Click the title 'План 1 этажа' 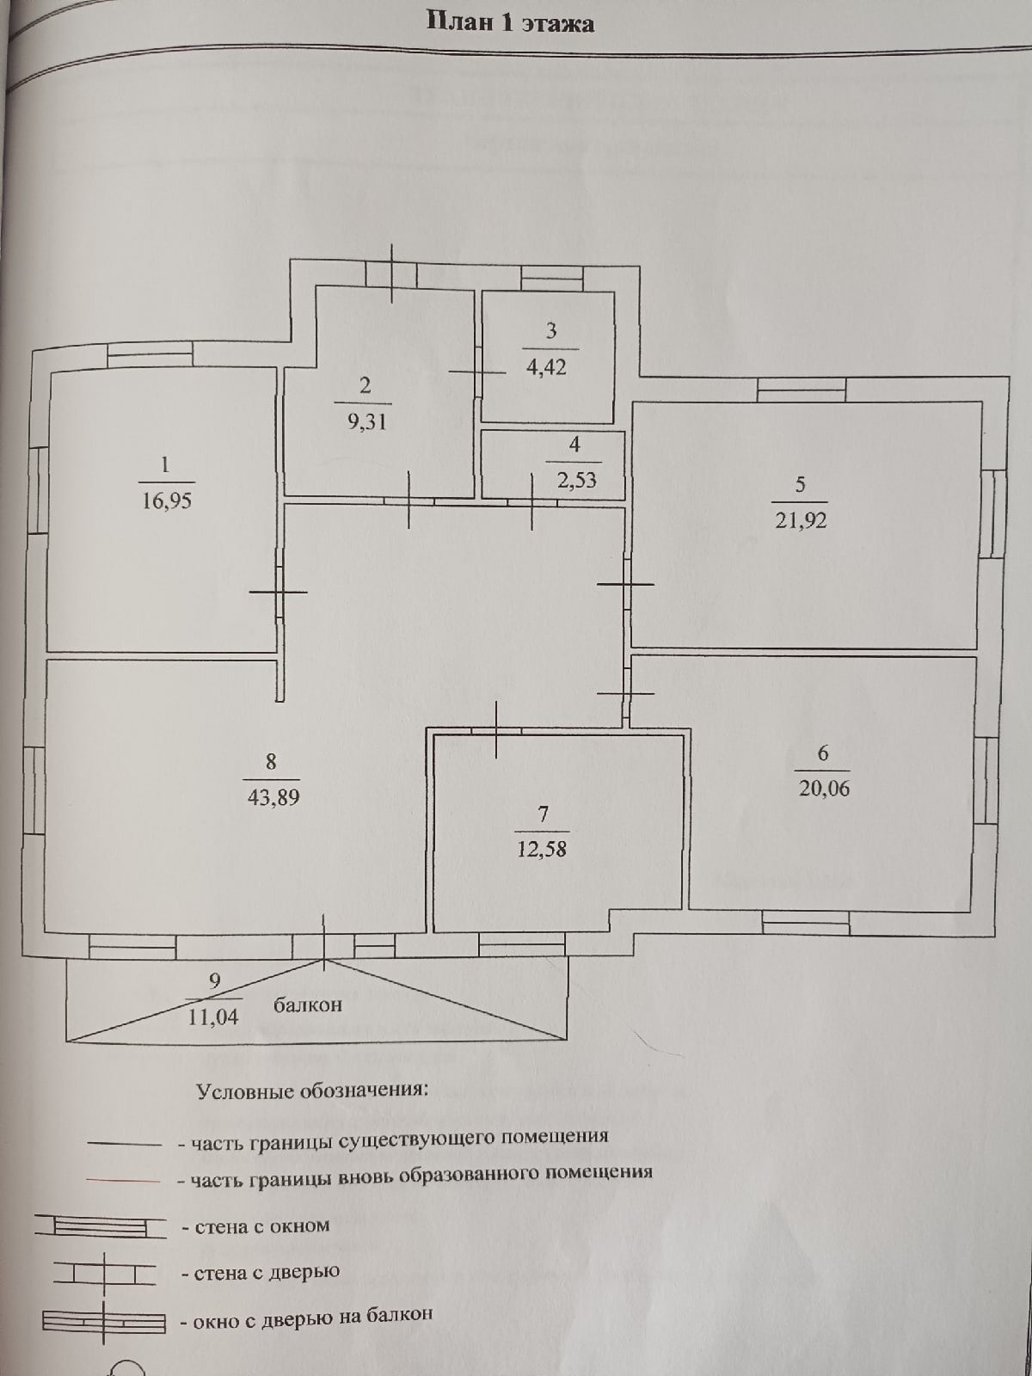tap(510, 22)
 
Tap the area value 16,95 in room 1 tap(166, 501)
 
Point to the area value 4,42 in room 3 tap(547, 367)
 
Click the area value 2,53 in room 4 tap(576, 480)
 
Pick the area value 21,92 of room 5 tap(801, 519)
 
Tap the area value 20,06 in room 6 tap(824, 788)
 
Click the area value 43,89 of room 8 tap(273, 797)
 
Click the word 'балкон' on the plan tap(308, 1004)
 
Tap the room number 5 tap(801, 485)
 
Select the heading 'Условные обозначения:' tap(313, 1091)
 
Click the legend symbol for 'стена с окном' tap(101, 1226)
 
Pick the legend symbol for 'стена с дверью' tap(104, 1272)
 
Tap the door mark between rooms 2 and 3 tap(478, 372)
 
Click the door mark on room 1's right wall tap(278, 592)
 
